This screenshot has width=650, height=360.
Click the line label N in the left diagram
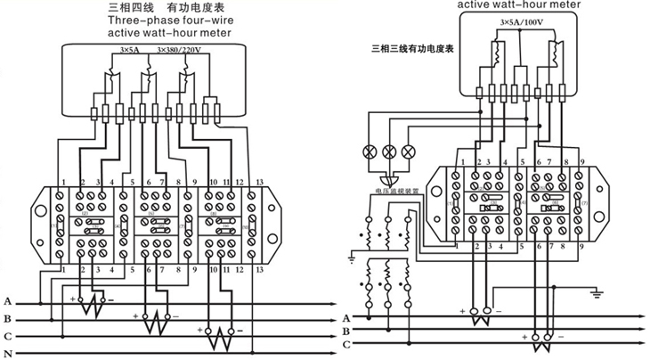pos(7,353)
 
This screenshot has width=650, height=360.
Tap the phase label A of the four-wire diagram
pos(7,302)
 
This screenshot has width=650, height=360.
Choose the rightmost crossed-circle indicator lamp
pos(409,151)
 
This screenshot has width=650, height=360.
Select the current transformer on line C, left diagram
pos(218,340)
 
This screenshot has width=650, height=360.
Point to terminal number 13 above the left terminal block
pos(259,183)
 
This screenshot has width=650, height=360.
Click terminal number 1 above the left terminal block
pos(61,183)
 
